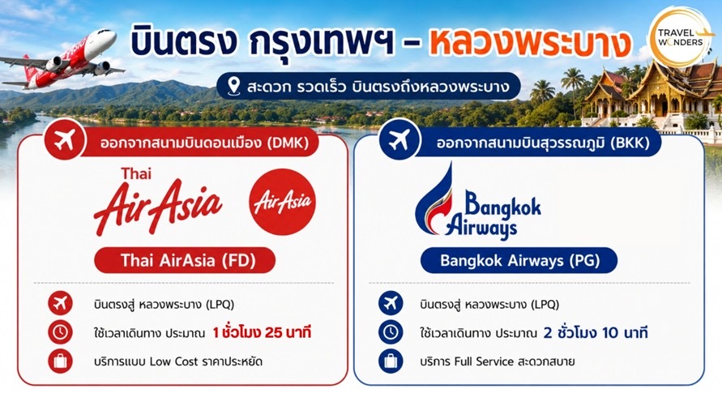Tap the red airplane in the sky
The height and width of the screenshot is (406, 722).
62,59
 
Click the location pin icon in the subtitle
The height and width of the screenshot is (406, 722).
234,86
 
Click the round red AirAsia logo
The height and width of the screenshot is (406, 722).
282,202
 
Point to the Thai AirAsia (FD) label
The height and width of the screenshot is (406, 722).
185,261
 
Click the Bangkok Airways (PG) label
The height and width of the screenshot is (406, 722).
519,261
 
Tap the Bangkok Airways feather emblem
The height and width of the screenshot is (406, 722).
436,200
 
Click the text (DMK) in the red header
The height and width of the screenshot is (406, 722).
288,143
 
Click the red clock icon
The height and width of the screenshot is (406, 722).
60,332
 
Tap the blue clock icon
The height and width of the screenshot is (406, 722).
391,332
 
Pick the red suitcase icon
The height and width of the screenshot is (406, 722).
60,361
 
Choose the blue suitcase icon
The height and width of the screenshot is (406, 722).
391,361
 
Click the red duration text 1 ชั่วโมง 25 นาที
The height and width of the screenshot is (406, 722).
262,332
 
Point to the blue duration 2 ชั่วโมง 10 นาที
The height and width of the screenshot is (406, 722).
596,332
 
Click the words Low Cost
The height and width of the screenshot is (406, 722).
174,361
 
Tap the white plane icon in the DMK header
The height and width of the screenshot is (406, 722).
65,140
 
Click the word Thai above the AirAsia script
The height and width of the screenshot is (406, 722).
136,174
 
